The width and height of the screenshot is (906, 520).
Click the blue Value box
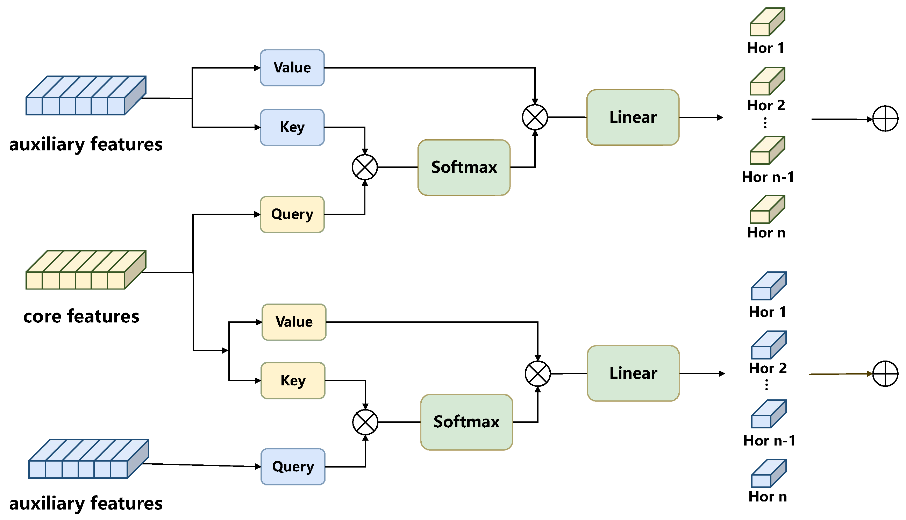[292, 68]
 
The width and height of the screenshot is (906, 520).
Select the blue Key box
[292, 128]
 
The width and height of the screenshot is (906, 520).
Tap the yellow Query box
[292, 215]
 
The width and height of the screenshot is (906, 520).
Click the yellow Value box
[294, 322]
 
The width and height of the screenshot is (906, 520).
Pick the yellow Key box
[293, 381]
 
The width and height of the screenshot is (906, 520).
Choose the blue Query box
[293, 467]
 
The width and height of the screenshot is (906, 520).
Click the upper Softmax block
[464, 168]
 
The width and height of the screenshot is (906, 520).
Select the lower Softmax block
[466, 422]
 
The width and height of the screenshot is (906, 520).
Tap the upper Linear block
[633, 117]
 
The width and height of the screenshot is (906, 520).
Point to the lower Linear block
[633, 373]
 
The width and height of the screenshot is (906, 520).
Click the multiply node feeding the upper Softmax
[365, 168]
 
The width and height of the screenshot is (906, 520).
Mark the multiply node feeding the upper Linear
[535, 117]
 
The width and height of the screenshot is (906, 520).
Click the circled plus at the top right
[885, 119]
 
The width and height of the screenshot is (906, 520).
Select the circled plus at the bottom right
[885, 373]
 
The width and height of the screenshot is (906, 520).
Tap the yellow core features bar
[86, 270]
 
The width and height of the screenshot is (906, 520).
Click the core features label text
[81, 316]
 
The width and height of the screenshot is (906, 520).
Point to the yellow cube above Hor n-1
[767, 150]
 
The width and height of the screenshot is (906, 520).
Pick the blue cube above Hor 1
[769, 286]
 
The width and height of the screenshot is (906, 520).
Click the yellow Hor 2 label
[766, 105]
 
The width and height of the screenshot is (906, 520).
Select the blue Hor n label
[768, 497]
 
